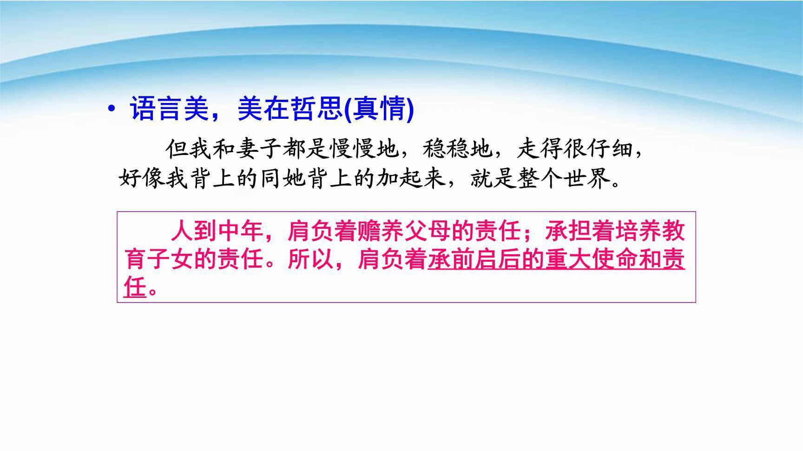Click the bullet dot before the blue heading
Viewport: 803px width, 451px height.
click(x=111, y=110)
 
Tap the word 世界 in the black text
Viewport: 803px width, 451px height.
click(x=586, y=178)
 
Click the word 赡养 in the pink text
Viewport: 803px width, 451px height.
click(x=381, y=231)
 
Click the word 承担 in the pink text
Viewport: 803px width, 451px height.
click(x=568, y=231)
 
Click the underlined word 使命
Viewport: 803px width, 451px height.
click(x=615, y=259)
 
